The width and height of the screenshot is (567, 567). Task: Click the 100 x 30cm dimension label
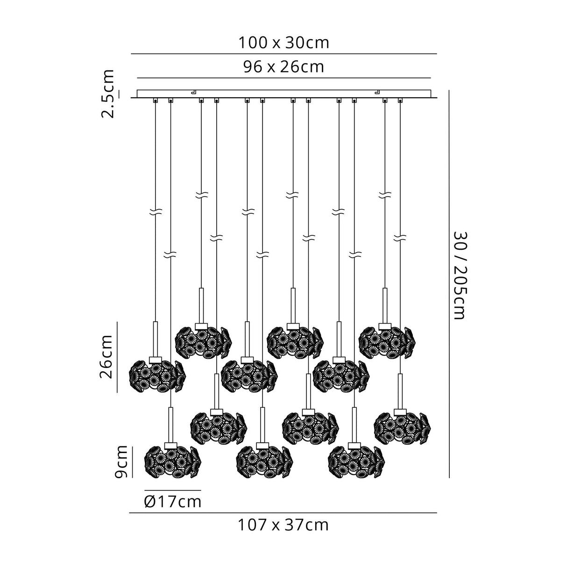click(283, 43)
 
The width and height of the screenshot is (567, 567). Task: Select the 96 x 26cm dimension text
click(283, 67)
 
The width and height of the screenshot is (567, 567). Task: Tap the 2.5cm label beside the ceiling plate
click(107, 94)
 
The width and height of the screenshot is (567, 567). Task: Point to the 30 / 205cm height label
click(460, 276)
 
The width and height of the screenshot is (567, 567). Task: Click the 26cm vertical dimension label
click(106, 357)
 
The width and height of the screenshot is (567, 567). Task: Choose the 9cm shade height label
click(121, 461)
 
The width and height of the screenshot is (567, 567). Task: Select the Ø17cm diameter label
click(173, 502)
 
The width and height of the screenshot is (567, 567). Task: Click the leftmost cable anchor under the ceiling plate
click(156, 100)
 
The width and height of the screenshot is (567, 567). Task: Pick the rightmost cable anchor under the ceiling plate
click(400, 100)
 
